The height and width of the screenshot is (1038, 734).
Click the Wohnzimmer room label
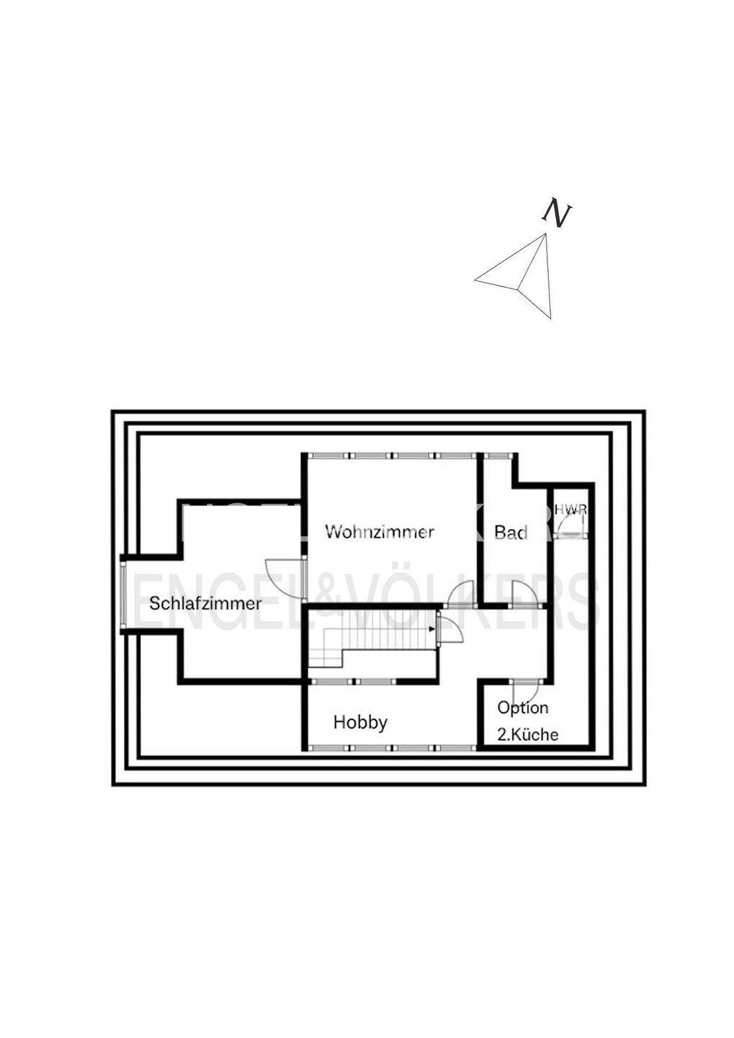pos(380,532)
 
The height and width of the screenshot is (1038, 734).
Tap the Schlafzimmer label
pos(205,603)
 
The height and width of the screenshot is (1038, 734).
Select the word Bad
pos(511,533)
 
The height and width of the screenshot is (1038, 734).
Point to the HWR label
pos(570,510)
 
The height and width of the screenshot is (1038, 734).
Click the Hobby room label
pos(360,722)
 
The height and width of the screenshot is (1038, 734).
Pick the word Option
pos(523,708)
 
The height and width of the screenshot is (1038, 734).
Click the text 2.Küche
pos(528,735)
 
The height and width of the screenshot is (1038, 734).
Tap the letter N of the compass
pos(556,213)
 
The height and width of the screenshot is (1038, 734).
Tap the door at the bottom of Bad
pos(524,595)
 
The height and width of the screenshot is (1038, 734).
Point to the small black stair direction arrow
pos(431,629)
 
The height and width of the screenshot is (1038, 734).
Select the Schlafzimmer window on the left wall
pos(123,594)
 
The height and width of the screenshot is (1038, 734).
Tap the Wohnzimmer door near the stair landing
pos(459,596)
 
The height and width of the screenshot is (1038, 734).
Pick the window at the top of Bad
pos(497,456)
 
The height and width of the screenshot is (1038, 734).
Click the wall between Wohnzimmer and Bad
pos(480,530)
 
